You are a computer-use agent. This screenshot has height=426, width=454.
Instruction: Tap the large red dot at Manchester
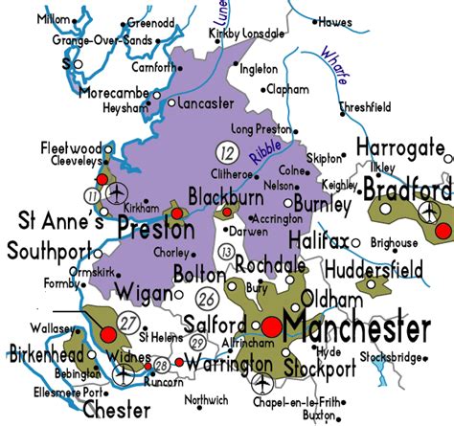click(x=272, y=326)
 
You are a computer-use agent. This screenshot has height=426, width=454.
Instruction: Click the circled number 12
click(x=226, y=150)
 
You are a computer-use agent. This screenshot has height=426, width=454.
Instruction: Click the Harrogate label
click(x=401, y=147)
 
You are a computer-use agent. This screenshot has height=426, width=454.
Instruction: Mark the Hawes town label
click(x=336, y=21)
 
